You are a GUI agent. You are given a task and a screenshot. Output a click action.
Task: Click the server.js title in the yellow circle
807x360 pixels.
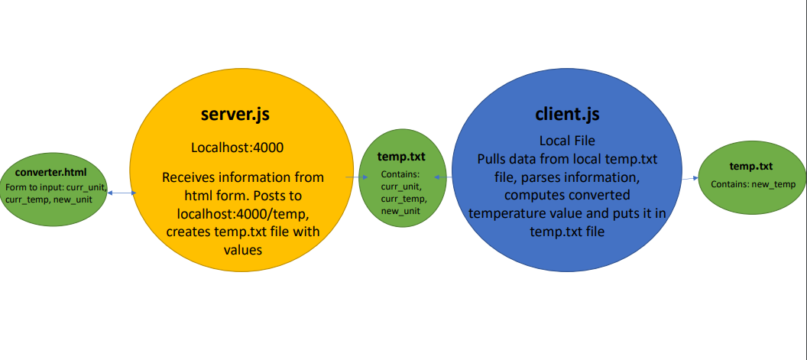(235, 114)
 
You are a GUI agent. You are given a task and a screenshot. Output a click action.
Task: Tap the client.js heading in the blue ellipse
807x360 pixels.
(566, 114)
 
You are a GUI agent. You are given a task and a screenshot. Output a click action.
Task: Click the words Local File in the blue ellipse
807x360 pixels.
(567, 141)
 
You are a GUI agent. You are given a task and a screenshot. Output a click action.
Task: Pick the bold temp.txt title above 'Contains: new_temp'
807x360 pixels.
(751, 166)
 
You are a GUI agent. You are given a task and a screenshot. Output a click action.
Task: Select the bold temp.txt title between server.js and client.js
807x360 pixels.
(401, 157)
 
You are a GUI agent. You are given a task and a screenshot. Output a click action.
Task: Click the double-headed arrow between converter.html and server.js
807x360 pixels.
(123, 193)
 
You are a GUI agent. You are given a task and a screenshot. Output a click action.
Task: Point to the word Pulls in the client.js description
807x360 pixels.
(494, 159)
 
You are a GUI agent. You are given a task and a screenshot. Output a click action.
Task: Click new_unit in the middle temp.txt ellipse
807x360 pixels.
(401, 210)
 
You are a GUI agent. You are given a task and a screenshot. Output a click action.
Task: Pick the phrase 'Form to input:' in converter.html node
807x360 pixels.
(32, 187)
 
